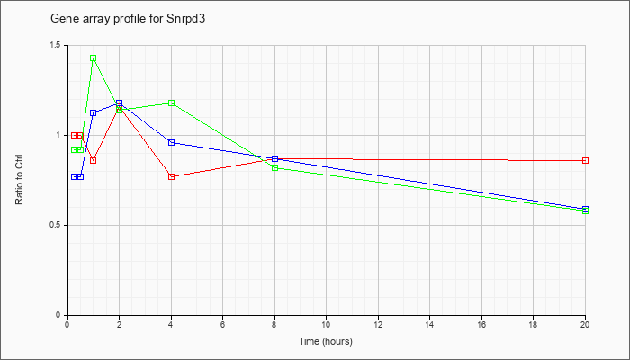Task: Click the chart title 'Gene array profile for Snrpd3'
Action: click(x=128, y=19)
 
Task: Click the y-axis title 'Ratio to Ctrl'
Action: click(x=19, y=179)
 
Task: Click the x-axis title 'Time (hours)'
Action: click(x=326, y=341)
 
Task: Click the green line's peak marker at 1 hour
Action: click(x=94, y=58)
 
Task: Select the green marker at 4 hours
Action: click(x=172, y=103)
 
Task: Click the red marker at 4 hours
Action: click(x=172, y=176)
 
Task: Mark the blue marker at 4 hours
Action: click(x=172, y=142)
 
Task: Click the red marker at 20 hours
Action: click(x=585, y=161)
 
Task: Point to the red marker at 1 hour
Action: click(x=94, y=161)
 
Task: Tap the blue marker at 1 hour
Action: click(x=94, y=112)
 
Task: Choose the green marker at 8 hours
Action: click(x=274, y=168)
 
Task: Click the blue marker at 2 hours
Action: click(x=119, y=103)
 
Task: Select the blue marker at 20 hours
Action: click(x=585, y=209)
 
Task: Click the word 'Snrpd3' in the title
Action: click(x=185, y=19)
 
